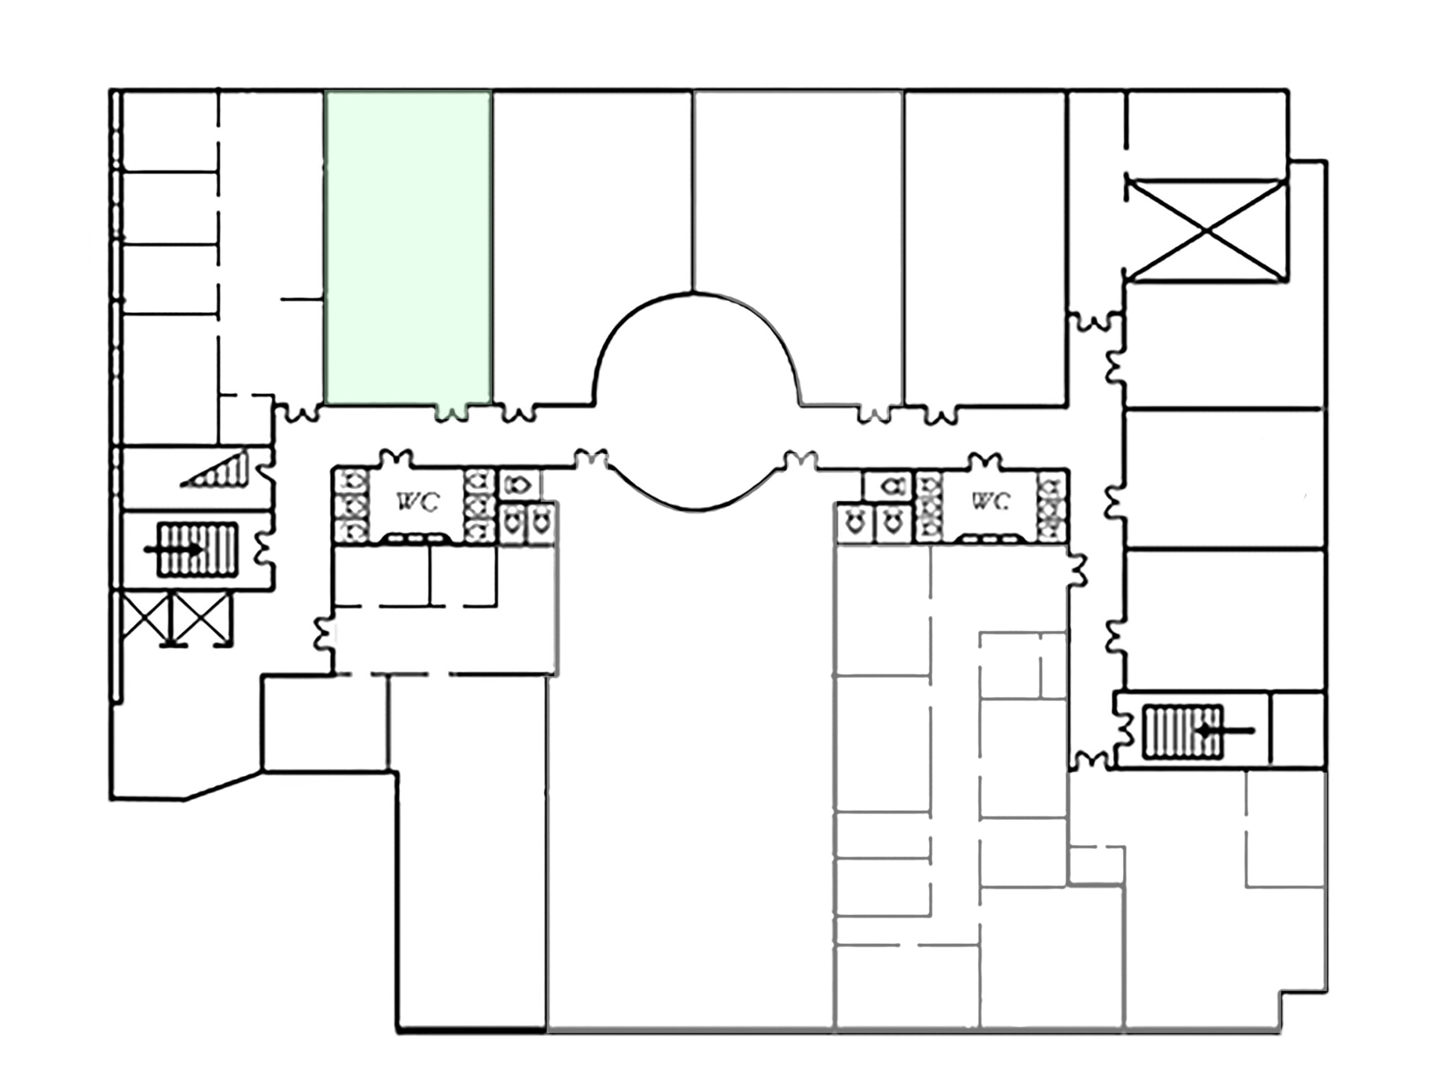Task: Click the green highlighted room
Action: coord(408,247)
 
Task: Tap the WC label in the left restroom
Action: coord(417,501)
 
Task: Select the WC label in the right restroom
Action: coord(990,500)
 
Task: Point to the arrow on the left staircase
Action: coord(173,549)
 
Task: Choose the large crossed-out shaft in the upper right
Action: coord(1206,229)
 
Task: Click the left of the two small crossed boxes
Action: coord(146,617)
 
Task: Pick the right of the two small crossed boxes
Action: coord(203,617)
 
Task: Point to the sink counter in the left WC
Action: coord(413,537)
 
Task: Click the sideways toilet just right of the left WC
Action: coord(519,484)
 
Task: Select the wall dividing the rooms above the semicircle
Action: coord(693,192)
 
